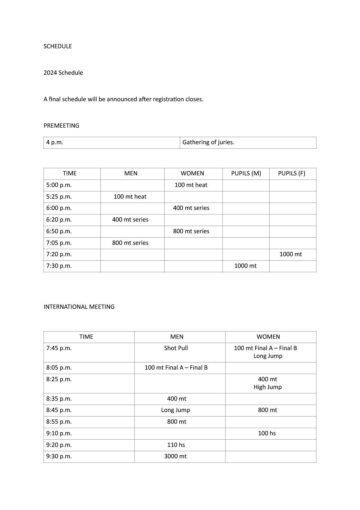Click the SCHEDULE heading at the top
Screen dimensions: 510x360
58,46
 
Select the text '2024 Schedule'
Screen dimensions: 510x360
63,73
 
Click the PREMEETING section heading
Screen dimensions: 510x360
61,126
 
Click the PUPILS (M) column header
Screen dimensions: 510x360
246,173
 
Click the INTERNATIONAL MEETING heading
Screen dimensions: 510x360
79,307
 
